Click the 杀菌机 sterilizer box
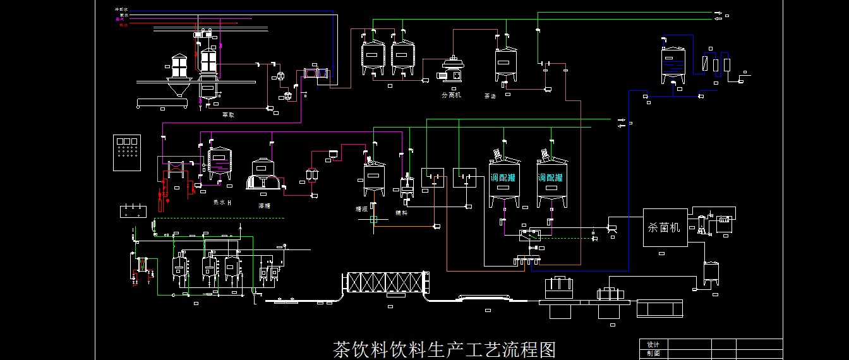tap(665, 227)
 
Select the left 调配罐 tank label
tap(503, 178)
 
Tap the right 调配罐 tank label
tap(552, 178)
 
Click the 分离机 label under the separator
tap(451, 95)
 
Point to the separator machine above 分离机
tap(451, 67)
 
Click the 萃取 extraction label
tap(228, 115)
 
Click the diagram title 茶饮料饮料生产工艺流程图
tap(444, 349)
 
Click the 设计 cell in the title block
tap(653, 344)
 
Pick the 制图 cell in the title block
tap(653, 353)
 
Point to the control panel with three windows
tap(127, 152)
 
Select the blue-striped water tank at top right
tap(674, 65)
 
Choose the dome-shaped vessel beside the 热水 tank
tap(263, 174)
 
